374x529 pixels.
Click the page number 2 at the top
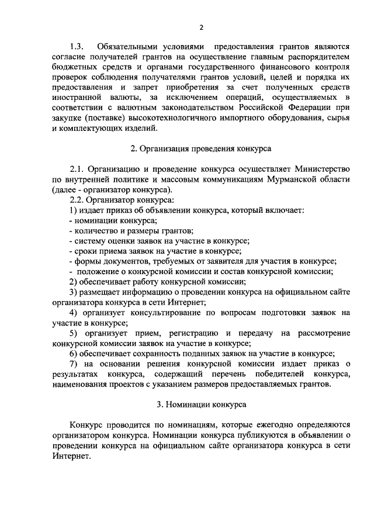coord(200,27)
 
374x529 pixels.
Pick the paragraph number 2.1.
coord(77,170)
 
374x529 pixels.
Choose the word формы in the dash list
coord(87,261)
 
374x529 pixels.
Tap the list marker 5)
coord(73,333)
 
